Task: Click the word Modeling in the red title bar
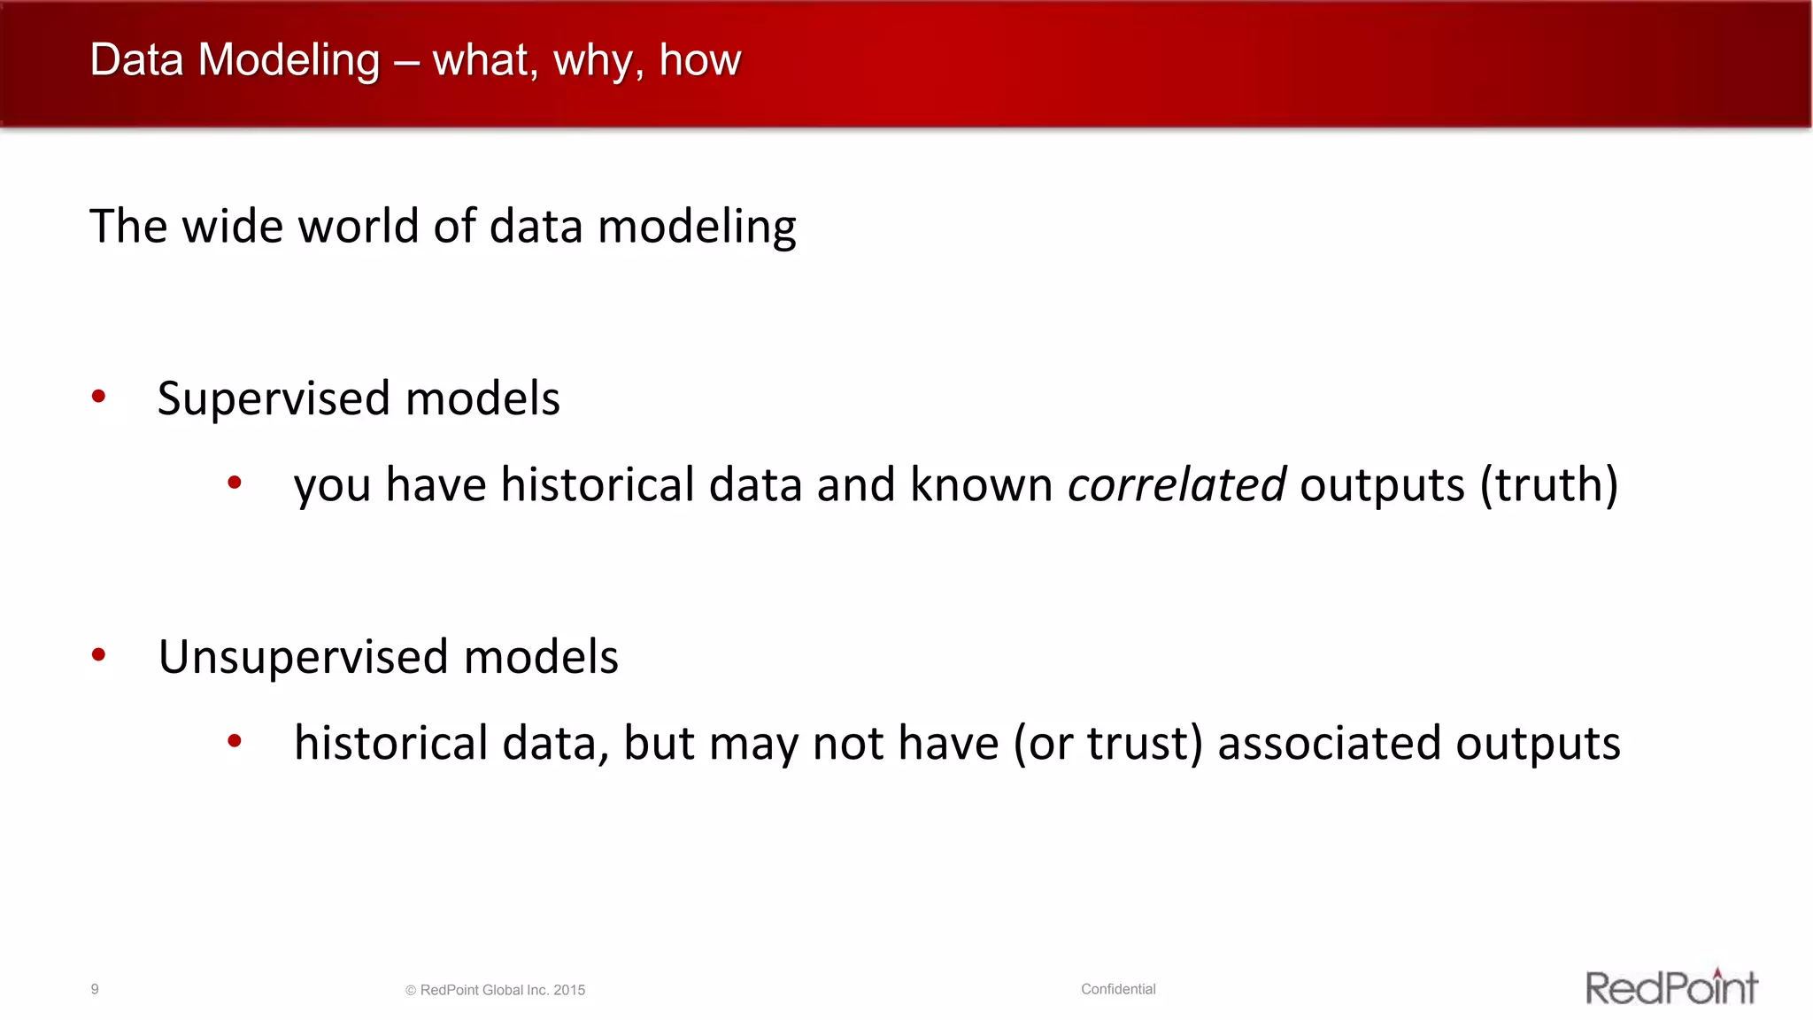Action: pos(289,60)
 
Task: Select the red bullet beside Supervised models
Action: pos(99,396)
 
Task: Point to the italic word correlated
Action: pos(1177,484)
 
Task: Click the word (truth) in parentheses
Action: pos(1549,484)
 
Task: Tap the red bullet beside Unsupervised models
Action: pos(99,654)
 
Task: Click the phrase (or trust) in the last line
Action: pos(1108,743)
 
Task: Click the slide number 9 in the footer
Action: pos(95,989)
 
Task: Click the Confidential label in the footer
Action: pos(1118,989)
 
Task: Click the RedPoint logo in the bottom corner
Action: pos(1670,987)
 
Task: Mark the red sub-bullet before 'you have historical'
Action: pos(235,483)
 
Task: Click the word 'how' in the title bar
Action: pos(699,60)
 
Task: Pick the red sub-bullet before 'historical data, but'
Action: pos(235,740)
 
